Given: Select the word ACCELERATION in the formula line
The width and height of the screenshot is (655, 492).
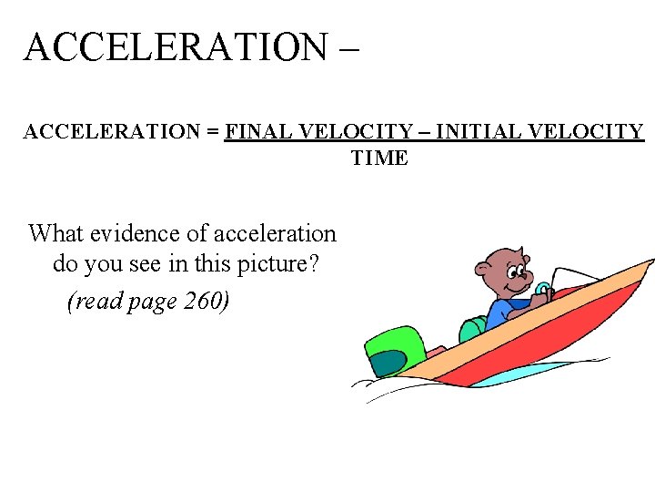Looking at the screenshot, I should tap(112, 132).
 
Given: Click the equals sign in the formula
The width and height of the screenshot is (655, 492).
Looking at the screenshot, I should tap(213, 132).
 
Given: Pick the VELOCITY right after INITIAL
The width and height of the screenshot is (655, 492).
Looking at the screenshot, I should tap(584, 132).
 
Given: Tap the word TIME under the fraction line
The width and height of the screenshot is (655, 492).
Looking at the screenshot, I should tap(379, 159).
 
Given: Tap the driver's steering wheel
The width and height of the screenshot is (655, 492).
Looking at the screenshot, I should tap(542, 292).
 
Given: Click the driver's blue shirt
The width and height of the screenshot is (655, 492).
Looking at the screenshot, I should tap(502, 313).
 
